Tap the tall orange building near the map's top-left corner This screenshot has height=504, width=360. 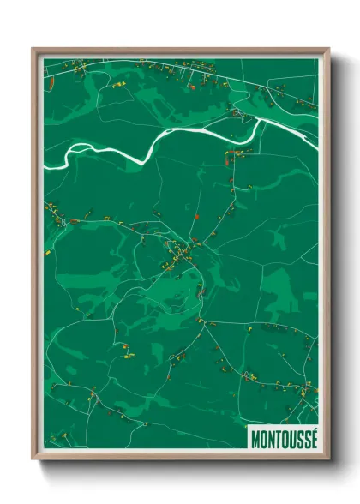tap(52, 82)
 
